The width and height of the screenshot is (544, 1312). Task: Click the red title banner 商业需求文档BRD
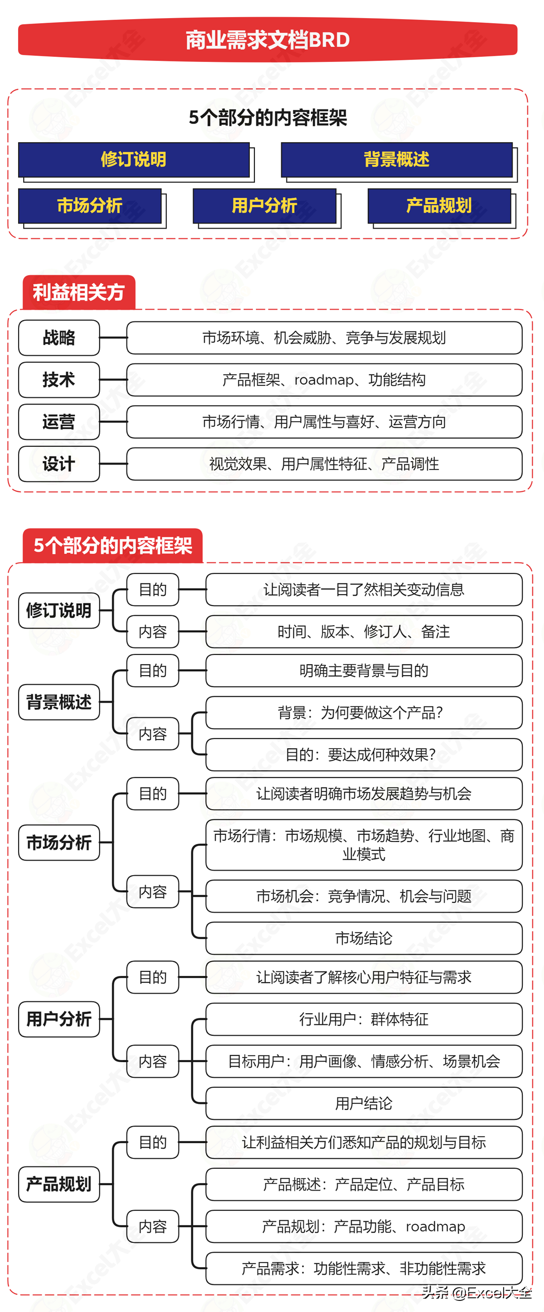coord(267,40)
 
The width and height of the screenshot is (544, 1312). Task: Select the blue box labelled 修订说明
coord(133,159)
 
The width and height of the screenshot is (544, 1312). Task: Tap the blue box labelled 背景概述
coord(396,159)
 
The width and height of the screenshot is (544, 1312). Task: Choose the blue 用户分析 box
coord(264,206)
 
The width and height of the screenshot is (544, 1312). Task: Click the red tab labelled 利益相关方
coord(79,292)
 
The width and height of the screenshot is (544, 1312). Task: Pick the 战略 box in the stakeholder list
coord(58,338)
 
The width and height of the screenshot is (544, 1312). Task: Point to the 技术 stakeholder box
coord(58,380)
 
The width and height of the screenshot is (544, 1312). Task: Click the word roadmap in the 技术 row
coord(323,380)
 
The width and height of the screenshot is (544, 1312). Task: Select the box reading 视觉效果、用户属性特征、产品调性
coord(324,464)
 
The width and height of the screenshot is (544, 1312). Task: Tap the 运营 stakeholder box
coord(58,422)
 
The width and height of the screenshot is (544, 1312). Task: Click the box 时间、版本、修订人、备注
coord(364,631)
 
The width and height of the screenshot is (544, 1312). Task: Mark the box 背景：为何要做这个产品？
coord(364,712)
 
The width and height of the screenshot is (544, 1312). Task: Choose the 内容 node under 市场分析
coord(152,892)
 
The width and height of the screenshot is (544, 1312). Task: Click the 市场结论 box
coord(364,938)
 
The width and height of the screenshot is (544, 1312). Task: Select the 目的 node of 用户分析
coord(152,977)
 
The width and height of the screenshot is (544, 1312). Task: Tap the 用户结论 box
coord(364,1103)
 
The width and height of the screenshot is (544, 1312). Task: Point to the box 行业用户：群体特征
coord(364,1019)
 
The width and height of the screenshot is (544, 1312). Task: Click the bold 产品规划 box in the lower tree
coord(58,1184)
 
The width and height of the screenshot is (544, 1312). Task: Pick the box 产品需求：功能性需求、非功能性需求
coord(364,1268)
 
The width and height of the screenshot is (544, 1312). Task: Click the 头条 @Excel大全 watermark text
coord(477,1293)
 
